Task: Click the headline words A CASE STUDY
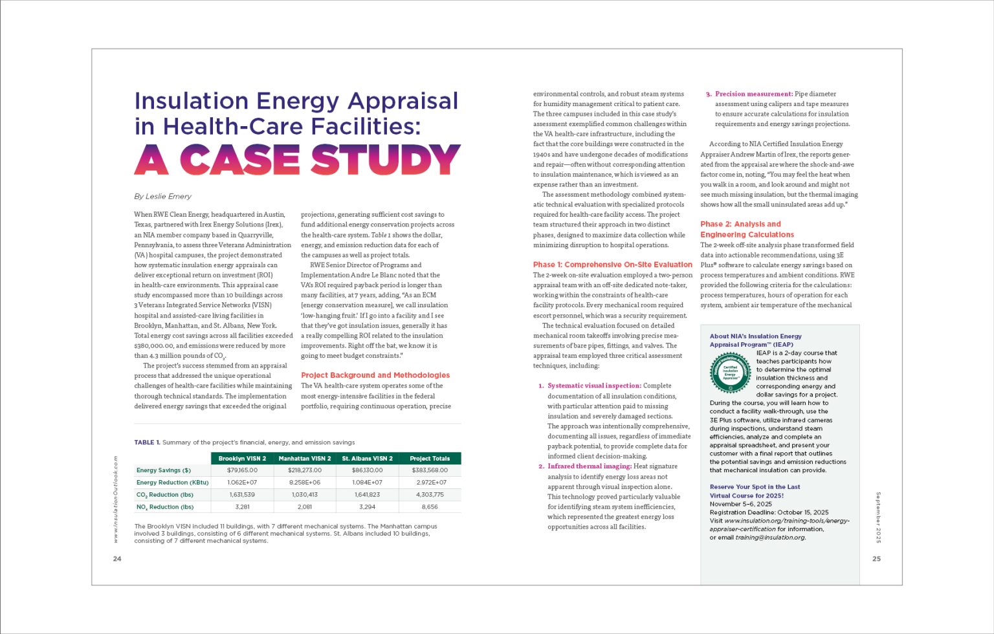tap(297, 160)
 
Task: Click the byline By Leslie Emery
tap(162, 196)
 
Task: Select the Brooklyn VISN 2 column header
tap(242, 459)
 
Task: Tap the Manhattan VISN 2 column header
tap(304, 459)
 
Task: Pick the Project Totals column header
tap(430, 459)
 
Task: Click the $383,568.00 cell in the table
tap(430, 470)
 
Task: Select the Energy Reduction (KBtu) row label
tap(172, 483)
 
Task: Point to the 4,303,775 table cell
tap(430, 495)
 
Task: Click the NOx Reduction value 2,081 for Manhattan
tap(304, 507)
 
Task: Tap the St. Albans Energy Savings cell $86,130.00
tap(367, 470)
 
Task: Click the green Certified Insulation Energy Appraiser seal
tap(730, 373)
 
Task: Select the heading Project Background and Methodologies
tap(375, 375)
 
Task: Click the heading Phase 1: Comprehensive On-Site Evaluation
tap(612, 265)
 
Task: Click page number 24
tap(117, 559)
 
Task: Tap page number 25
tap(876, 559)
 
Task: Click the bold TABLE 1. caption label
tap(147, 443)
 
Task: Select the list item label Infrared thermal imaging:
tap(590, 466)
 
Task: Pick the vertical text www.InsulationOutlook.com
tap(116, 499)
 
